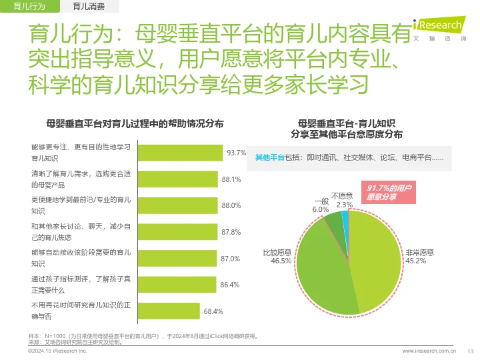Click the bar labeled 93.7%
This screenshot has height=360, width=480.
(180, 153)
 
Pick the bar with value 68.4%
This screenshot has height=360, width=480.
(168, 311)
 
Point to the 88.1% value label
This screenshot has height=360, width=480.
(231, 179)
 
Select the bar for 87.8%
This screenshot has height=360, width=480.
(177, 232)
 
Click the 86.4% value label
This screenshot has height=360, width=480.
(230, 285)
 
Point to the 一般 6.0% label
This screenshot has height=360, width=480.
(321, 205)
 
